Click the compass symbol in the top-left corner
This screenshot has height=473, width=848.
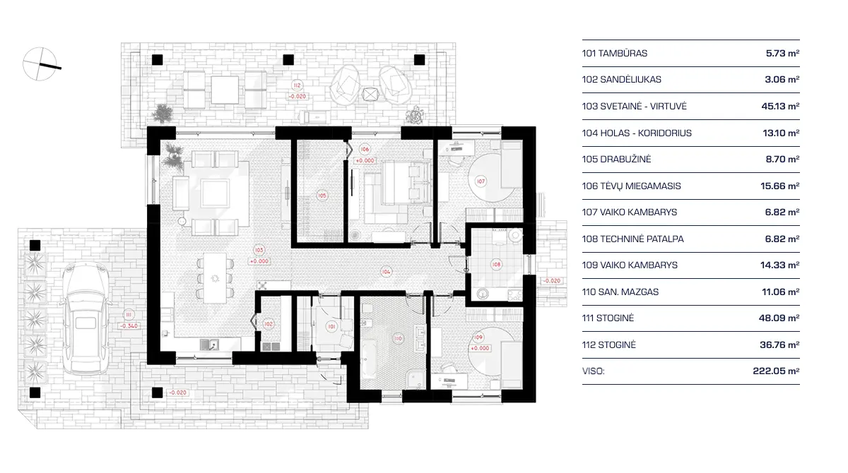[40, 63]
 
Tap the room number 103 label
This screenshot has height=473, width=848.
[259, 251]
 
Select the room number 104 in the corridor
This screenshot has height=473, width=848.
[386, 270]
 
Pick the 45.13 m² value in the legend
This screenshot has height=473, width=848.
[782, 107]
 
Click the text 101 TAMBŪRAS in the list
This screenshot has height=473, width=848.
[615, 53]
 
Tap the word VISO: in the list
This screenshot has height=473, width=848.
[594, 371]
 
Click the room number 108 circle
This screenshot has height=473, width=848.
[497, 265]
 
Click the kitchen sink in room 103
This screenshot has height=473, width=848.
[208, 345]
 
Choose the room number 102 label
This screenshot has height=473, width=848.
[269, 323]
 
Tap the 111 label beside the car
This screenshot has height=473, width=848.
[128, 316]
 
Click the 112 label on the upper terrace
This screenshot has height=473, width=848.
[297, 85]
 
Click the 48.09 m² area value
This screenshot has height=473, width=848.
[782, 318]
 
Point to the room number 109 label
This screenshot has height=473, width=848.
[478, 337]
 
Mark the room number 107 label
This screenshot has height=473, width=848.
[481, 181]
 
